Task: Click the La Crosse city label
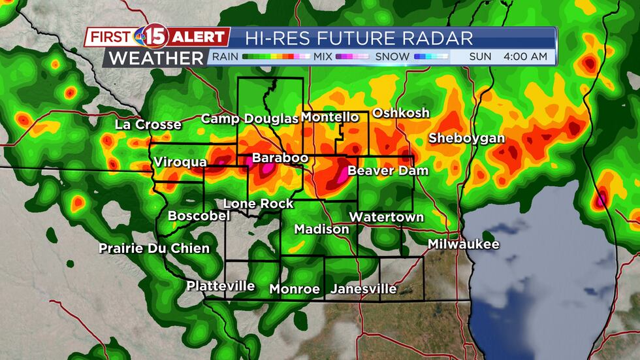(x=148, y=124)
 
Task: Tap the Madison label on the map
(x=321, y=229)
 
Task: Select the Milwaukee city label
(x=464, y=244)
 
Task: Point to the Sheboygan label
(x=466, y=139)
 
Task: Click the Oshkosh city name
(x=401, y=113)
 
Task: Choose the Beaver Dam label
(x=388, y=171)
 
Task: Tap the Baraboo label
(x=275, y=158)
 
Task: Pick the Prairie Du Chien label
(x=154, y=248)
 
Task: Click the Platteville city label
(x=220, y=286)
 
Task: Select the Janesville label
(x=364, y=289)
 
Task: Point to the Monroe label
(x=295, y=289)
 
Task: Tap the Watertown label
(x=386, y=217)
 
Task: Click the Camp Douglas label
(x=249, y=118)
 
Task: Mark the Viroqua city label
(x=180, y=162)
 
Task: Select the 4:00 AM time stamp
(x=525, y=57)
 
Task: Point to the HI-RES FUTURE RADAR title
(x=359, y=37)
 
